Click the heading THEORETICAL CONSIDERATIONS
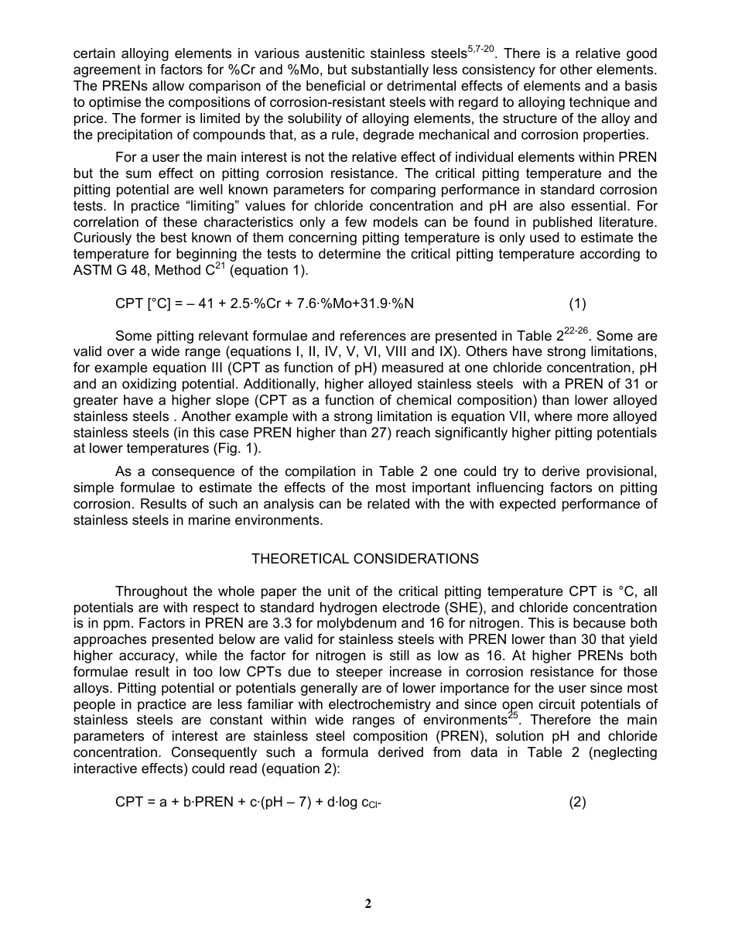[365, 559]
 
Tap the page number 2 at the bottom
[368, 904]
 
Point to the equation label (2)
[577, 803]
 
